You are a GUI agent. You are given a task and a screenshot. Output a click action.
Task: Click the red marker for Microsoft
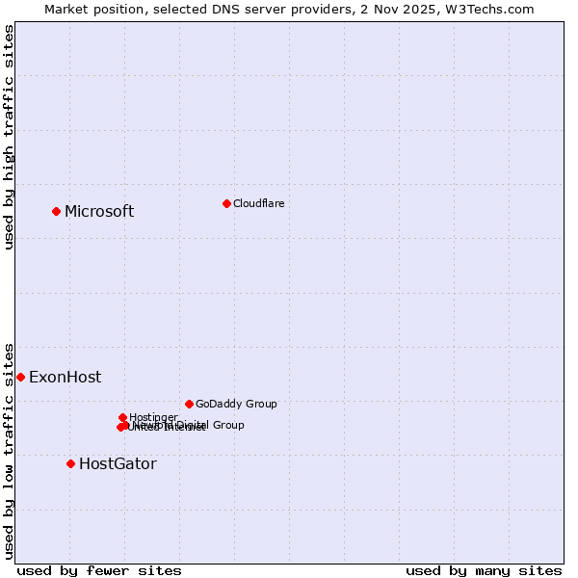tap(56, 211)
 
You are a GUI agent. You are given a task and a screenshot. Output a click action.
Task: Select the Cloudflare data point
tap(226, 203)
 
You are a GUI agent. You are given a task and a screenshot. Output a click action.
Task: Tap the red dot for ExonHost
tap(20, 377)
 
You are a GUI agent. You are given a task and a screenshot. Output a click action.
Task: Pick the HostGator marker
tap(70, 463)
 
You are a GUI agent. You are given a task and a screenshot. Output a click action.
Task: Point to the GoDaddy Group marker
tap(189, 404)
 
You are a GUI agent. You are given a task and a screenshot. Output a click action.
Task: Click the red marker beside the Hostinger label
tap(122, 417)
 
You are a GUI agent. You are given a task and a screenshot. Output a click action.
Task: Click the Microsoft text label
tap(99, 212)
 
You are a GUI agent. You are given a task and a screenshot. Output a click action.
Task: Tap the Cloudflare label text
tap(258, 203)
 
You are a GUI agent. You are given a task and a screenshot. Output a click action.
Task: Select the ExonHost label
tap(65, 378)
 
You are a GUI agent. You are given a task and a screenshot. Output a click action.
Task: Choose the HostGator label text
tap(118, 464)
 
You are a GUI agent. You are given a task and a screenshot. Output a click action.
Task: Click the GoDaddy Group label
tap(236, 405)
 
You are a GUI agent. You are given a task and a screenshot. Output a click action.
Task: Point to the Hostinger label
tap(153, 417)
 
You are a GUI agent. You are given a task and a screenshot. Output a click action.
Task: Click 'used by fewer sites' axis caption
tap(99, 570)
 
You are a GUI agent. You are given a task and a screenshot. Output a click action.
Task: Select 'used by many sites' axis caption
tap(484, 570)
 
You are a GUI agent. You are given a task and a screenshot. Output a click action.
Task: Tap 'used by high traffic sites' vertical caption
tap(10, 137)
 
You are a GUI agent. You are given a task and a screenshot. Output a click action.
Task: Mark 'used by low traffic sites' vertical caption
tap(10, 451)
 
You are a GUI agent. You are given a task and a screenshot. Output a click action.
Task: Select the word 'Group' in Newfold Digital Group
tap(228, 425)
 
